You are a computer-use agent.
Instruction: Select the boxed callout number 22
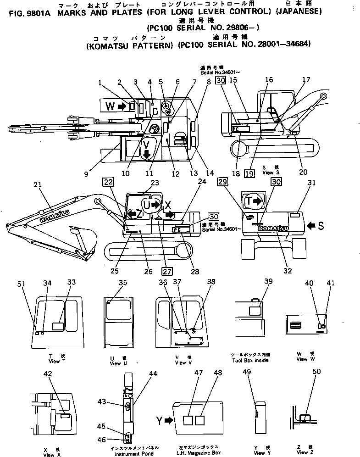(108, 182)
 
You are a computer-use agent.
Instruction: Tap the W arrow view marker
(122, 106)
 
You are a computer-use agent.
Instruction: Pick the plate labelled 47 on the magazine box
(187, 420)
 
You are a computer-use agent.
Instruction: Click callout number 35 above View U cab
(122, 283)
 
